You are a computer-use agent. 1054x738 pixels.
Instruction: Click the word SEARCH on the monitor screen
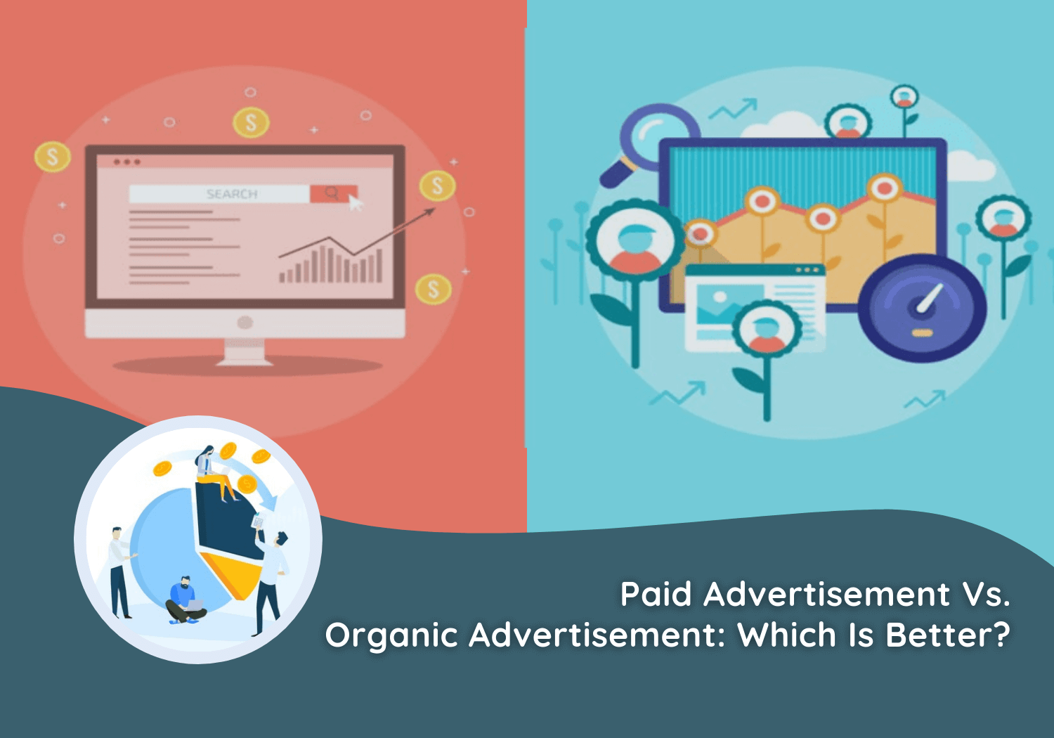[x=231, y=194]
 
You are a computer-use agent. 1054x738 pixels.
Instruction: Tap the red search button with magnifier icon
[x=332, y=193]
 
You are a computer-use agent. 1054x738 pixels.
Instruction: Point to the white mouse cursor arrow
[x=356, y=204]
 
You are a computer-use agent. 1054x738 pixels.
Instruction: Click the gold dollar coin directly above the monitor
[x=251, y=123]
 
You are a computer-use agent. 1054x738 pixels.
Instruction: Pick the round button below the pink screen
[x=245, y=323]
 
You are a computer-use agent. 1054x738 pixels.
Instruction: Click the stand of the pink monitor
[x=245, y=351]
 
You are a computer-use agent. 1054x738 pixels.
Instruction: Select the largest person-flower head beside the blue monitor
[x=635, y=241]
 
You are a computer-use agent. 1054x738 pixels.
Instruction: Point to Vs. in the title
[x=986, y=595]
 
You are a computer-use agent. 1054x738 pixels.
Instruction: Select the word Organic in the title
[x=391, y=636]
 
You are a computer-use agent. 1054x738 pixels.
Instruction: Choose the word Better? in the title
[x=947, y=635]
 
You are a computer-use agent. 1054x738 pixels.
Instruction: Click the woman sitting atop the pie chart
[x=212, y=471]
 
